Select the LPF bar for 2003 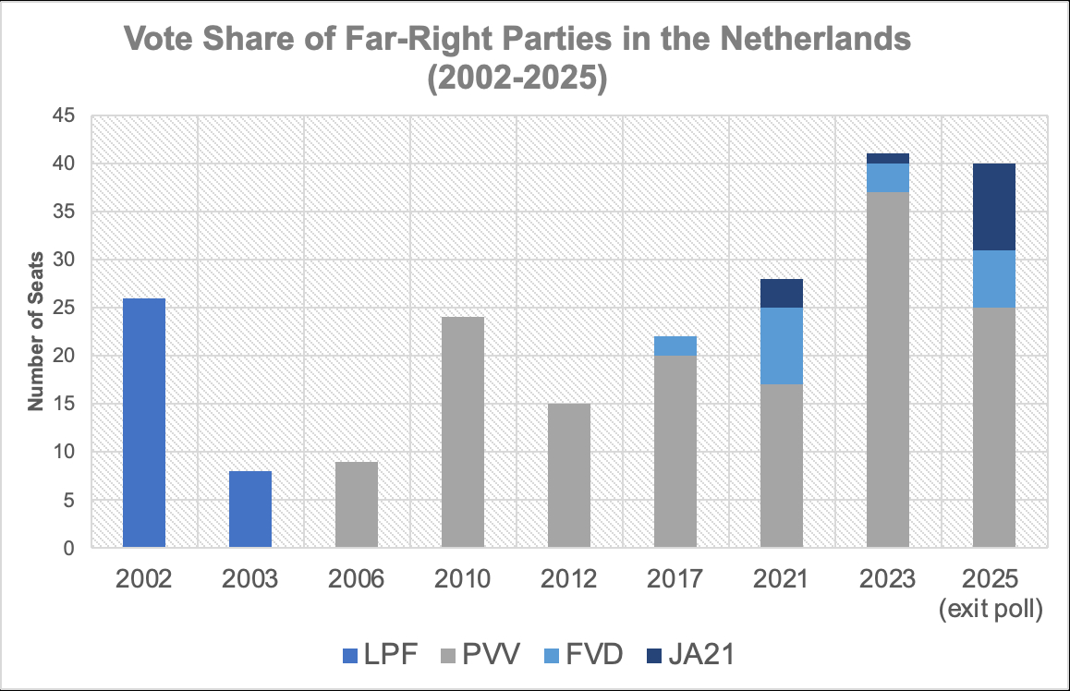pos(250,509)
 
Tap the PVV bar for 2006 pos(357,504)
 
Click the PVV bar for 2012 pos(569,476)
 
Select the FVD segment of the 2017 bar pos(675,346)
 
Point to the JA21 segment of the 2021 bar pos(782,293)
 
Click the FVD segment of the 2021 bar pos(782,346)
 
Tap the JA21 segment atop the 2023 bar pos(888,158)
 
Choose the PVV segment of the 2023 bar pos(888,370)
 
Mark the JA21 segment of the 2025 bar pos(994,207)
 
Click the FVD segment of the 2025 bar pos(994,279)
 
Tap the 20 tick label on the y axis pos(69,356)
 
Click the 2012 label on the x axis pos(569,579)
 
